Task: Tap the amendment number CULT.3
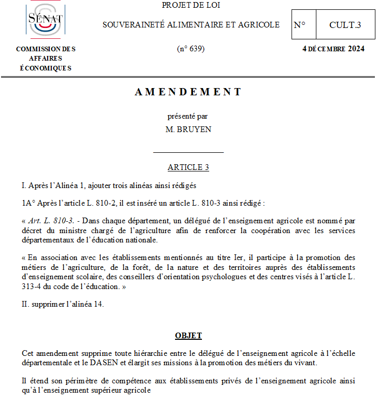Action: [x=345, y=25]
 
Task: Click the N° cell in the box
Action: [x=300, y=25]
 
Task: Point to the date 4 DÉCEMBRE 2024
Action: [x=333, y=49]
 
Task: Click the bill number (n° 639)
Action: [x=191, y=49]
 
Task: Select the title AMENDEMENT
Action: [x=188, y=92]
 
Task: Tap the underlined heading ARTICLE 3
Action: [x=188, y=167]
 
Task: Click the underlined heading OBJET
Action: [x=188, y=336]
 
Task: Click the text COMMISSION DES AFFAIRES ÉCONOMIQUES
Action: [x=46, y=59]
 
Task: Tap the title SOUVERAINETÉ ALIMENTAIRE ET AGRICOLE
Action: [x=191, y=25]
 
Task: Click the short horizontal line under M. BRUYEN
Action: [x=188, y=153]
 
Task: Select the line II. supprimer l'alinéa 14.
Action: [x=63, y=304]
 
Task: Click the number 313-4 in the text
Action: [x=31, y=286]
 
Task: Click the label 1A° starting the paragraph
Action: [x=28, y=203]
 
